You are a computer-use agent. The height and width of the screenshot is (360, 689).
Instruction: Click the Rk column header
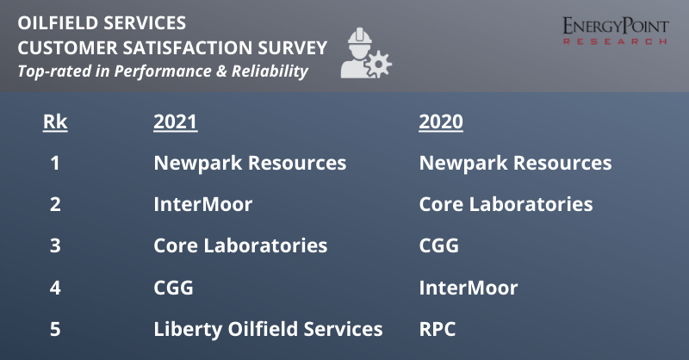point(55,121)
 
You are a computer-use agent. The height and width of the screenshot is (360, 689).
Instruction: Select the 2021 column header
point(176,121)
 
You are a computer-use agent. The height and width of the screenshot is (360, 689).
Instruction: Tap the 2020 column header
point(441,121)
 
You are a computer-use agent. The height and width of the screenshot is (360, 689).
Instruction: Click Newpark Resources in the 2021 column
point(250,163)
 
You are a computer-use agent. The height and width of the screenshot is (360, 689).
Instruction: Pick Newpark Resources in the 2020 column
point(515,163)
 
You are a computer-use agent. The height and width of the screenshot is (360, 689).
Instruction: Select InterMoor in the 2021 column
point(203,204)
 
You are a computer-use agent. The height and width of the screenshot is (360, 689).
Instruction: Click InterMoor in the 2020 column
point(469,288)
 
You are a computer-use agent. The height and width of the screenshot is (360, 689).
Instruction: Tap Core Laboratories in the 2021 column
point(240,245)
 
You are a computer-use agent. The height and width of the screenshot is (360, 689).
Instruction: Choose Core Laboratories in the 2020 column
point(506,204)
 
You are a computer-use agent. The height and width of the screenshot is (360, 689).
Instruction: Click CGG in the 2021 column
point(174,288)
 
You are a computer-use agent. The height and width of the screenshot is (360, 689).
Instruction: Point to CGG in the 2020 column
point(439,245)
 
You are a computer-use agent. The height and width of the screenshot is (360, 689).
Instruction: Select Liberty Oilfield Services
point(268,329)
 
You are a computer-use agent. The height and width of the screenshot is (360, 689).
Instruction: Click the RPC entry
point(438,329)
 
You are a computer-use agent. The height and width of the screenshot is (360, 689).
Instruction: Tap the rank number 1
point(55,163)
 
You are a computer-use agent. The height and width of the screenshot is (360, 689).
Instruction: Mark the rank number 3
point(55,245)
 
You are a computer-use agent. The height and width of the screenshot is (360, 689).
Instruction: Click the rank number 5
point(55,329)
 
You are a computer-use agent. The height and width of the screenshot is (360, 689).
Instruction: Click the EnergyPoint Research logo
point(616,30)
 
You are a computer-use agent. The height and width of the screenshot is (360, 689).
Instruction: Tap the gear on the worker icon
point(378,65)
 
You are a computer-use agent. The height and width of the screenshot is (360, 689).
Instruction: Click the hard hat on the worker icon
point(360,35)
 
